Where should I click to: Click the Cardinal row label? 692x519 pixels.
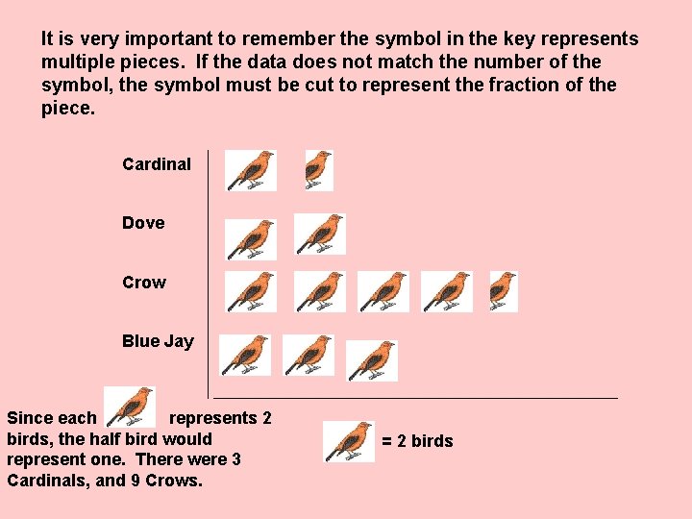pyautogui.click(x=157, y=164)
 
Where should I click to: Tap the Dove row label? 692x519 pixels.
pyautogui.click(x=143, y=223)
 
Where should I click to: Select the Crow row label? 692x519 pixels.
pyautogui.click(x=144, y=283)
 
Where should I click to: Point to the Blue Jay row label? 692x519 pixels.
pyautogui.click(x=158, y=341)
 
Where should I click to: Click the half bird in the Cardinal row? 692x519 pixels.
pyautogui.click(x=317, y=169)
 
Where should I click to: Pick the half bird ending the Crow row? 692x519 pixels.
pyautogui.click(x=503, y=290)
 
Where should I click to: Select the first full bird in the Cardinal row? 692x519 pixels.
pyautogui.click(x=251, y=170)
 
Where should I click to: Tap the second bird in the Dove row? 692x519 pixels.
pyautogui.click(x=320, y=234)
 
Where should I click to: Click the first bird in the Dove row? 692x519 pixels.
pyautogui.click(x=251, y=238)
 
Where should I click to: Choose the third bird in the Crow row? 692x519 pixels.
pyautogui.click(x=383, y=290)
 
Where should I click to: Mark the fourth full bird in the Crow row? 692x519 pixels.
pyautogui.click(x=447, y=290)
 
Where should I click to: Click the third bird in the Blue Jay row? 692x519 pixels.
pyautogui.click(x=372, y=359)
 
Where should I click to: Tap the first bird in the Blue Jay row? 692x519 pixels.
pyautogui.click(x=245, y=354)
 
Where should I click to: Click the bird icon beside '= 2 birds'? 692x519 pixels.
pyautogui.click(x=348, y=441)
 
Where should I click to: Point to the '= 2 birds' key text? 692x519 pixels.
pyautogui.click(x=417, y=441)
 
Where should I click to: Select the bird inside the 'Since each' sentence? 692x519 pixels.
pyautogui.click(x=130, y=407)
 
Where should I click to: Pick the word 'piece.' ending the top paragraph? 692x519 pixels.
pyautogui.click(x=68, y=109)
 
